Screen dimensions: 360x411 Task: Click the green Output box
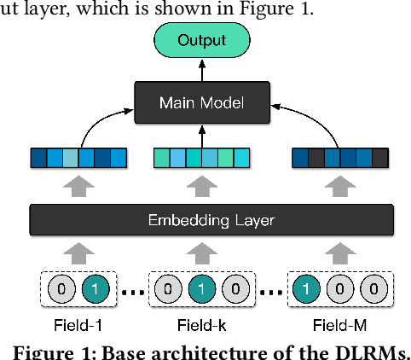point(201,40)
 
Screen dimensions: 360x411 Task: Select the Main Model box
point(201,103)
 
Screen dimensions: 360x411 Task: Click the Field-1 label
point(78,324)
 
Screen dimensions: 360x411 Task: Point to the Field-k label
point(201,324)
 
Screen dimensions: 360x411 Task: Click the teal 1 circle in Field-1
point(96,289)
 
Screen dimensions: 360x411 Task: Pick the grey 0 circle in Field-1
point(60,289)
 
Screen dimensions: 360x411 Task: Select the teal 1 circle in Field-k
point(201,289)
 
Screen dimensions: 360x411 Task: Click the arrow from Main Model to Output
point(201,72)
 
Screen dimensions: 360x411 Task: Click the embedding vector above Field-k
point(201,158)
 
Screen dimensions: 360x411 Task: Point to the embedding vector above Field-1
point(78,158)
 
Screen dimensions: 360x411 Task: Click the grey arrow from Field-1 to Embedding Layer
point(78,253)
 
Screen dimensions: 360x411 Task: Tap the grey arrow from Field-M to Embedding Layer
point(340,253)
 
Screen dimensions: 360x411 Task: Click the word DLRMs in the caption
point(372,351)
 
